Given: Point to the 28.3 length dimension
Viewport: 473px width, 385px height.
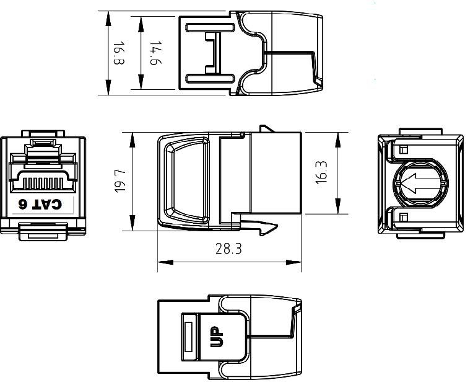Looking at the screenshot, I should pos(228,250).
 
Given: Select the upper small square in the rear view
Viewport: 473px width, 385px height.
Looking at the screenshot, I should pos(404,150).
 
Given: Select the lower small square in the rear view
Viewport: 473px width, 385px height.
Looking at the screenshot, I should pos(404,216).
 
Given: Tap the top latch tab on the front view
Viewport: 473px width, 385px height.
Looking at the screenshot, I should pos(43,134).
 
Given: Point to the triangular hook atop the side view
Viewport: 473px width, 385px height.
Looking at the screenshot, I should pos(266,129).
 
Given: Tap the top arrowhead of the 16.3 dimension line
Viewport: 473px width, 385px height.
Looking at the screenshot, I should pos(337,137).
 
